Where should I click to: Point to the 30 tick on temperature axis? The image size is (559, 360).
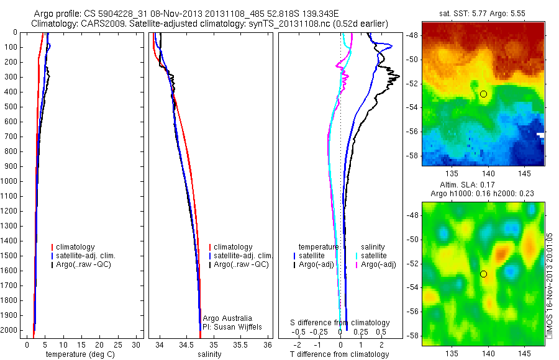click(x=137, y=344)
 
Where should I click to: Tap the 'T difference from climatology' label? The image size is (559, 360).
click(x=339, y=354)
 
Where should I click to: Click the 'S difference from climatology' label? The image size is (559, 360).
click(x=340, y=323)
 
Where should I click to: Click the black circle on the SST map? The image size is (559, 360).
click(x=484, y=94)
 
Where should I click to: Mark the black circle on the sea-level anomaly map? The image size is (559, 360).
click(x=484, y=274)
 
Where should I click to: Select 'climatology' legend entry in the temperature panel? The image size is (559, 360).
click(x=75, y=247)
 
